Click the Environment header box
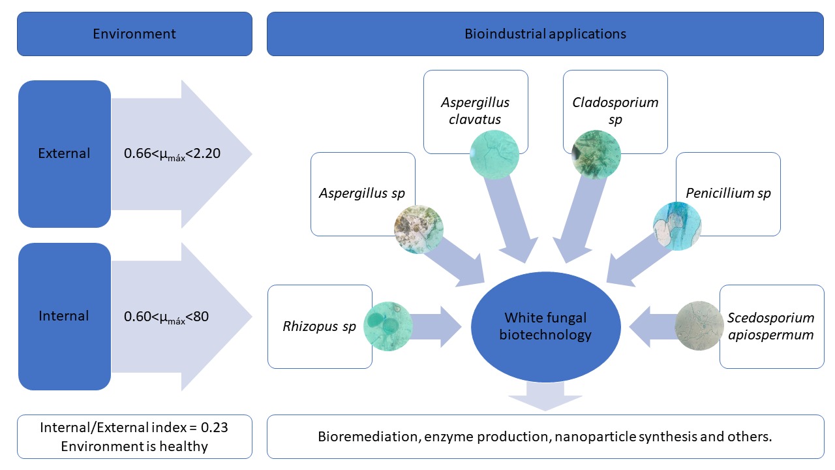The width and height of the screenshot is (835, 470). pos(134,34)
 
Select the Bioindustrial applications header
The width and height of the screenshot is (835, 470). pos(545,34)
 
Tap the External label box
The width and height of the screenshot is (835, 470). pos(64,154)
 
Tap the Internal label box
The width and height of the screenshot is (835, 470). pos(64,317)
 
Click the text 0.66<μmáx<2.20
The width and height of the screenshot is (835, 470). pos(172,155)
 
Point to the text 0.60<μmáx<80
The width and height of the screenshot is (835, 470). pos(166,317)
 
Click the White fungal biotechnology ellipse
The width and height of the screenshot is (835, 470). pos(545,326)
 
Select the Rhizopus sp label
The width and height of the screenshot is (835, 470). pos(319,326)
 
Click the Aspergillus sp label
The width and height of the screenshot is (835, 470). pos(361,193)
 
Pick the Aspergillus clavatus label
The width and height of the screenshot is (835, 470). pos(475,111)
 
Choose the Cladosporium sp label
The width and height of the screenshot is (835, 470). pos(615,111)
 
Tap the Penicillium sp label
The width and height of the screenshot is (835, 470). pos(728,193)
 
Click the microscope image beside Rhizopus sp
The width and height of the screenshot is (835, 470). pos(388,326)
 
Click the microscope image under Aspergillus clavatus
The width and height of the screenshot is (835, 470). pos(494,154)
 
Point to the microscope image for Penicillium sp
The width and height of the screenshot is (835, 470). pos(678,227)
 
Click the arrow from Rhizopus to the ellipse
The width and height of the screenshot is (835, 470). pos(437,326)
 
